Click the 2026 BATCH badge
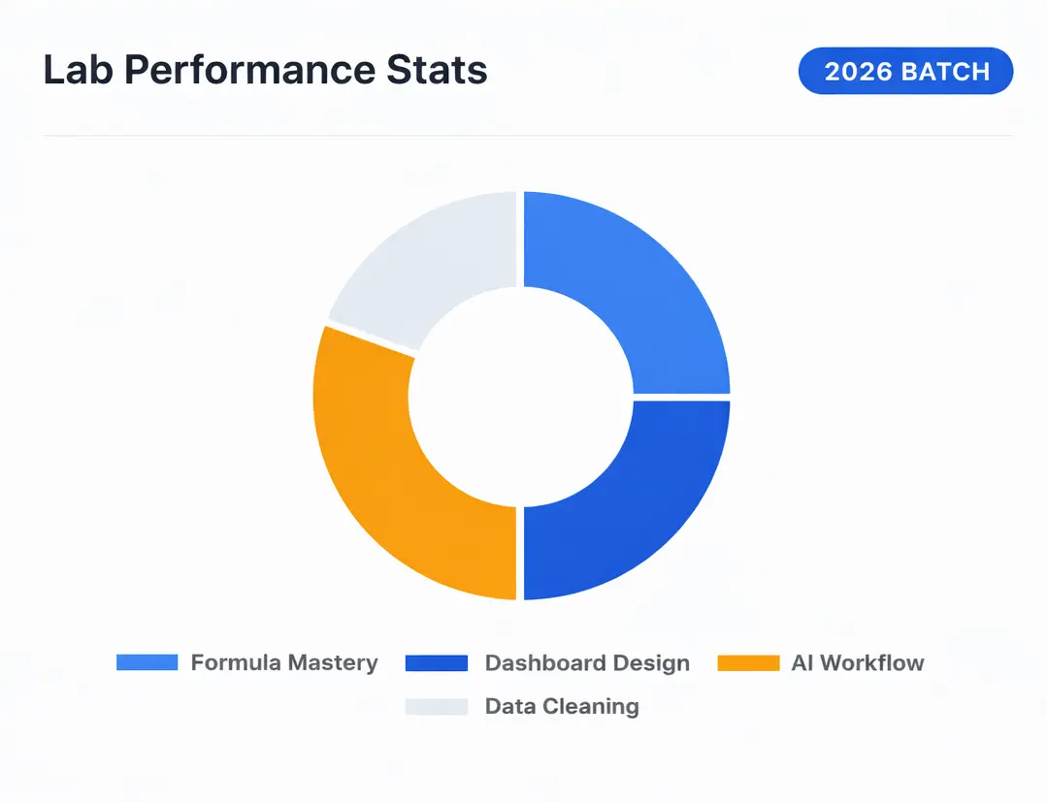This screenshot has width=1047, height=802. click(905, 72)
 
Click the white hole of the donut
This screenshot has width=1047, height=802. click(521, 396)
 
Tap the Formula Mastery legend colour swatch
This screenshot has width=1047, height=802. click(147, 663)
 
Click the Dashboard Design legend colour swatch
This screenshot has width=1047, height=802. click(437, 663)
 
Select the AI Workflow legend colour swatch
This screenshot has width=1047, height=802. click(748, 663)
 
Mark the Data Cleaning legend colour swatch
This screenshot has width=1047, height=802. click(437, 707)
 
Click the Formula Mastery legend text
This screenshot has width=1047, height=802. click(284, 663)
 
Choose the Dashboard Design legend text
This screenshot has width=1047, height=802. click(587, 663)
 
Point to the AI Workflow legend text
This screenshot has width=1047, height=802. click(858, 663)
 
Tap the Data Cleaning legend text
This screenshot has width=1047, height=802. click(562, 707)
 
